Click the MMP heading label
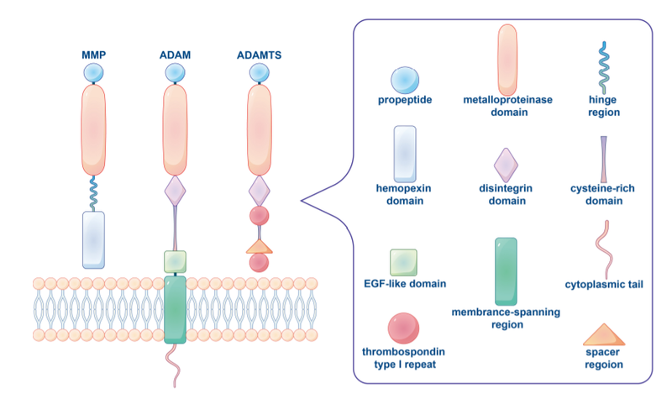click(93, 56)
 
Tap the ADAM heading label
click(175, 56)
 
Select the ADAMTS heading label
click(260, 56)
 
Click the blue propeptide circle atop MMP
click(93, 74)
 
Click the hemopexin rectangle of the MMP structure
click(93, 239)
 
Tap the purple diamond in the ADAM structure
click(175, 191)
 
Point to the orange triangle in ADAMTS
click(260, 246)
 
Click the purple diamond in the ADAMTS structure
click(260, 191)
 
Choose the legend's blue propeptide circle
click(405, 80)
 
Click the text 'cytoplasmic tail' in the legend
click(603, 285)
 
